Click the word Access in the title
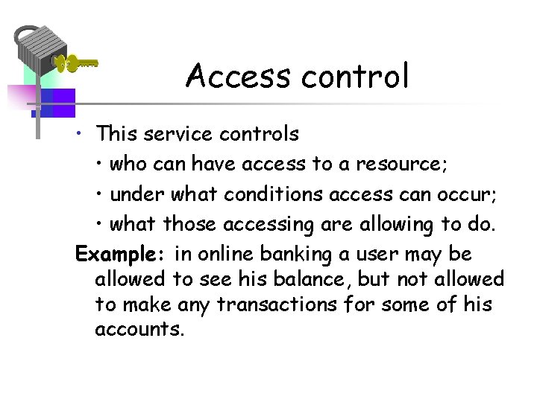(237, 75)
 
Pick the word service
(175, 134)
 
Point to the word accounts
(139, 330)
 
